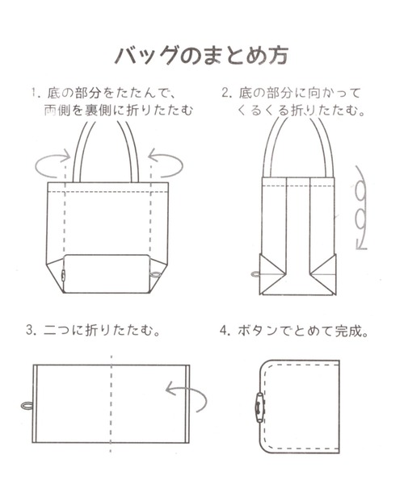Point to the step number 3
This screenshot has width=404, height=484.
coord(30,330)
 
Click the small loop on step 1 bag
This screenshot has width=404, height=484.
coord(156,276)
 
